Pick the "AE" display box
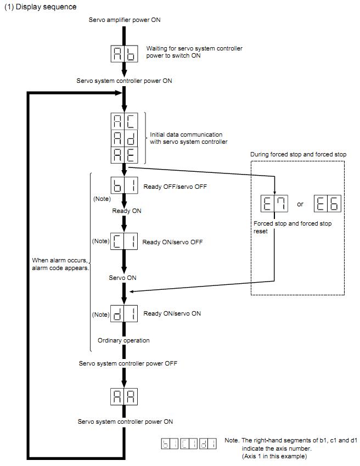[x=125, y=154]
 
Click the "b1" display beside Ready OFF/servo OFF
[x=125, y=186]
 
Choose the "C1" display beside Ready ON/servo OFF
[x=125, y=242]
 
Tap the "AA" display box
[x=125, y=395]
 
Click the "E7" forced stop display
[x=273, y=204]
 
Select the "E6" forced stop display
[x=328, y=204]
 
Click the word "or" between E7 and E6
[x=300, y=204]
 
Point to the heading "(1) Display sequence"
[x=41, y=7]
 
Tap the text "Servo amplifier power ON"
[x=125, y=20]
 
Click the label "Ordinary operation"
[x=123, y=340]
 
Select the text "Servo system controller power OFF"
[x=128, y=363]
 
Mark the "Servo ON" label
[x=123, y=278]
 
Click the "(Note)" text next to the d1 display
[x=101, y=315]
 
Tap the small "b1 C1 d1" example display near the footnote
[x=187, y=443]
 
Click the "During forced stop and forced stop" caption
[x=298, y=155]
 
